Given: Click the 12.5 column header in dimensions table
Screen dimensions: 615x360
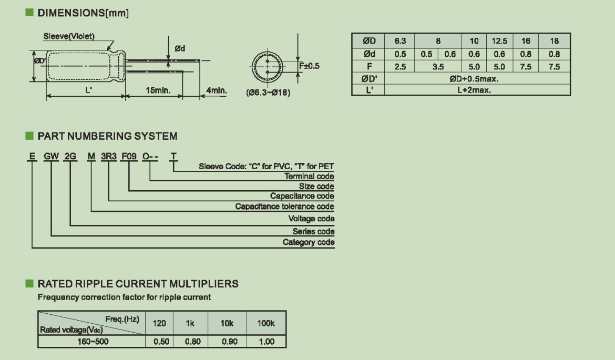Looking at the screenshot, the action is pyautogui.click(x=499, y=41).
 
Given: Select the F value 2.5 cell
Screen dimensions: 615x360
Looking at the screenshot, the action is pyautogui.click(x=399, y=67).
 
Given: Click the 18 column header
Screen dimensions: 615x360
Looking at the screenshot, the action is pyautogui.click(x=554, y=41).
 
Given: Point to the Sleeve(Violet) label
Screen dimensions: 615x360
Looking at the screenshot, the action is pyautogui.click(x=69, y=36).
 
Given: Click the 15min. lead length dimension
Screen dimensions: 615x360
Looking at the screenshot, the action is pyautogui.click(x=158, y=90).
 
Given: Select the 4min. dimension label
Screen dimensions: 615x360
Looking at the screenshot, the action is pyautogui.click(x=217, y=90).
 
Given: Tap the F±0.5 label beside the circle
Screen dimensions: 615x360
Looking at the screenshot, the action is pyautogui.click(x=309, y=66).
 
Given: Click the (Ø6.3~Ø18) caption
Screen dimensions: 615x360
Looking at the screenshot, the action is pyautogui.click(x=268, y=92).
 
